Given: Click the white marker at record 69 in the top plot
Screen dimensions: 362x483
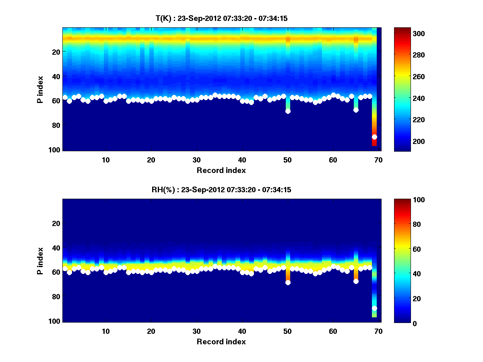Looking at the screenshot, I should [x=374, y=137].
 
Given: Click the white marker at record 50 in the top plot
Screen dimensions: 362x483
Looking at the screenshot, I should [x=288, y=111].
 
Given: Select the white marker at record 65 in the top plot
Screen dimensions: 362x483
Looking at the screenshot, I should [x=356, y=110].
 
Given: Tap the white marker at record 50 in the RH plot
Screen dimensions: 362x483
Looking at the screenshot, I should [x=288, y=282].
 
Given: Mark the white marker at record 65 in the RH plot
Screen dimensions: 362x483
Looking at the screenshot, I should [x=356, y=281].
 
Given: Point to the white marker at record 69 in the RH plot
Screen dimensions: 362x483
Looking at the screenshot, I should [x=374, y=308].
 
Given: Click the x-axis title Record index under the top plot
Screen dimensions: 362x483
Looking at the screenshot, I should [x=221, y=171].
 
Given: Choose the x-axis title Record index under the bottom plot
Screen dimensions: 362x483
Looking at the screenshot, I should [x=221, y=342].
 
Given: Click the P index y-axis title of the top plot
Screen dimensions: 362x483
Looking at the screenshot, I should [x=40, y=89].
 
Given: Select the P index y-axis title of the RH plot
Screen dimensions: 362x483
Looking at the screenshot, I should [x=40, y=261].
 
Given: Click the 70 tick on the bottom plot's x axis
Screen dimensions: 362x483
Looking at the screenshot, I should [x=379, y=331].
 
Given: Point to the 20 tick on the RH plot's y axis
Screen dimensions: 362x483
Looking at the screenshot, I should [x=56, y=223].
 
